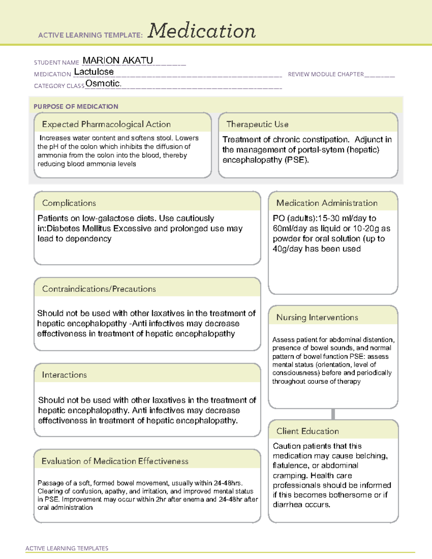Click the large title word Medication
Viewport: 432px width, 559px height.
202,31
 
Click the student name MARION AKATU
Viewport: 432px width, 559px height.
118,60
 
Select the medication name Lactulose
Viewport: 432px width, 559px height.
94,72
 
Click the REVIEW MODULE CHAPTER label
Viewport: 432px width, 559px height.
326,74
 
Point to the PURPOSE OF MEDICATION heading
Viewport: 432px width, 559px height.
76,107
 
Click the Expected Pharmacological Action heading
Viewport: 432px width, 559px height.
106,124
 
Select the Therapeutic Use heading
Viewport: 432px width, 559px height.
257,124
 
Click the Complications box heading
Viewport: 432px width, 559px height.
69,203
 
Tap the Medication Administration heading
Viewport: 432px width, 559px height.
327,203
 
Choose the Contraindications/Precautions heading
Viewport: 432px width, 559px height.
99,289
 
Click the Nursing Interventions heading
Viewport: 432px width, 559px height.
317,317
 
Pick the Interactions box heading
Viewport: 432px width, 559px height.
64,375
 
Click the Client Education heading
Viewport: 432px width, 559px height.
307,431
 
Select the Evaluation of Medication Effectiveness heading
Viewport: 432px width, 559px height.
115,461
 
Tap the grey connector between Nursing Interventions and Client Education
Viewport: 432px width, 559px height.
333,414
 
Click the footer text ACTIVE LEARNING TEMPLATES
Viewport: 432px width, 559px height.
67,548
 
